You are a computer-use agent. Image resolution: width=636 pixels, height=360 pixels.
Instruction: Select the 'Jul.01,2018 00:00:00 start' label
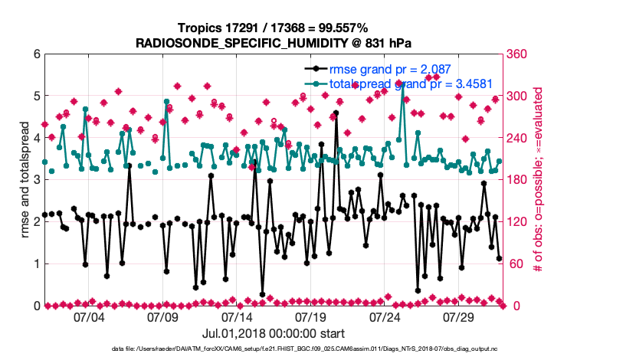[x=274, y=333]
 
